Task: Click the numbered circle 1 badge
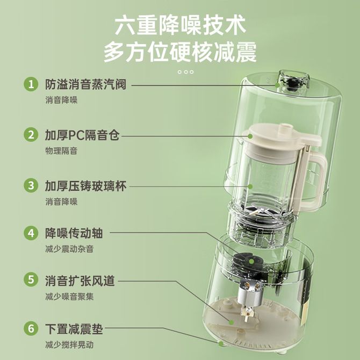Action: click(31, 84)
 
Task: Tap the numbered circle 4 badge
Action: click(31, 233)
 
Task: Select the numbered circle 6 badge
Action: click(31, 328)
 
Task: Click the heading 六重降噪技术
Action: click(180, 25)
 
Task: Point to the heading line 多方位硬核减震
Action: click(180, 52)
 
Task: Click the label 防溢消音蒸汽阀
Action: click(85, 84)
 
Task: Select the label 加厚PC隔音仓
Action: click(82, 135)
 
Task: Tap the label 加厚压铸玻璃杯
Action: click(85, 186)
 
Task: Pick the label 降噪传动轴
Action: click(74, 233)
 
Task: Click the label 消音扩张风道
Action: click(80, 280)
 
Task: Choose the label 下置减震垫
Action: click(74, 329)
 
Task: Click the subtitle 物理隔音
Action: click(61, 151)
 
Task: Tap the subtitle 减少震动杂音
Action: click(69, 249)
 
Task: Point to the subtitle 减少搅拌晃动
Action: click(69, 345)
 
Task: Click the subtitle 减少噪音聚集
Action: click(69, 297)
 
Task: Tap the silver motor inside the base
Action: click(249, 293)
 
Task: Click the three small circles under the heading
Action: click(185, 72)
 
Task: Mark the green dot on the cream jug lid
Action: click(250, 136)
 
